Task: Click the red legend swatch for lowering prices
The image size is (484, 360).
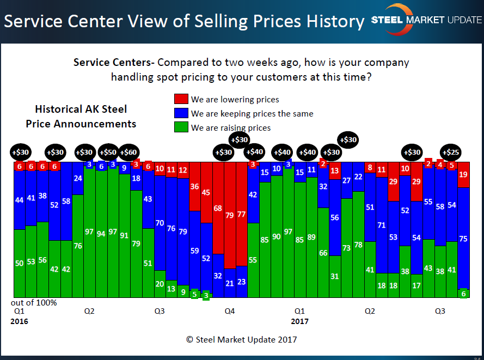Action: tap(181, 99)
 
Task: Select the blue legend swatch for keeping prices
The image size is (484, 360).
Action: tap(181, 113)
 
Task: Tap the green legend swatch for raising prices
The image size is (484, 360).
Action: tap(181, 127)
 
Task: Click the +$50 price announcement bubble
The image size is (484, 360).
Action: tap(109, 152)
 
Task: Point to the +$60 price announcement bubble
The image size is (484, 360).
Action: tap(128, 152)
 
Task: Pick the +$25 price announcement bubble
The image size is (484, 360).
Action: tap(450, 152)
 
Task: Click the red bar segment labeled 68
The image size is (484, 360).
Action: tap(218, 208)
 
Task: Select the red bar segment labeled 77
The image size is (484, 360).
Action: tap(241, 213)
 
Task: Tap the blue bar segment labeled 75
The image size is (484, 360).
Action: tap(463, 238)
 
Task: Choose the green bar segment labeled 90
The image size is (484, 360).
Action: tap(277, 237)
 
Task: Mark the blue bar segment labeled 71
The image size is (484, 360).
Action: tap(382, 224)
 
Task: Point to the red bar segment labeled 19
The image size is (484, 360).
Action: tap(463, 174)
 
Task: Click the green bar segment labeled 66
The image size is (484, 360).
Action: tap(323, 253)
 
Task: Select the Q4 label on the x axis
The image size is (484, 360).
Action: tap(230, 312)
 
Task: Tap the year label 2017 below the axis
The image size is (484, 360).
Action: tap(299, 321)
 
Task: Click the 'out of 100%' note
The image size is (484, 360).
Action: tap(34, 302)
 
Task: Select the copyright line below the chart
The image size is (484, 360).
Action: tap(242, 339)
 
